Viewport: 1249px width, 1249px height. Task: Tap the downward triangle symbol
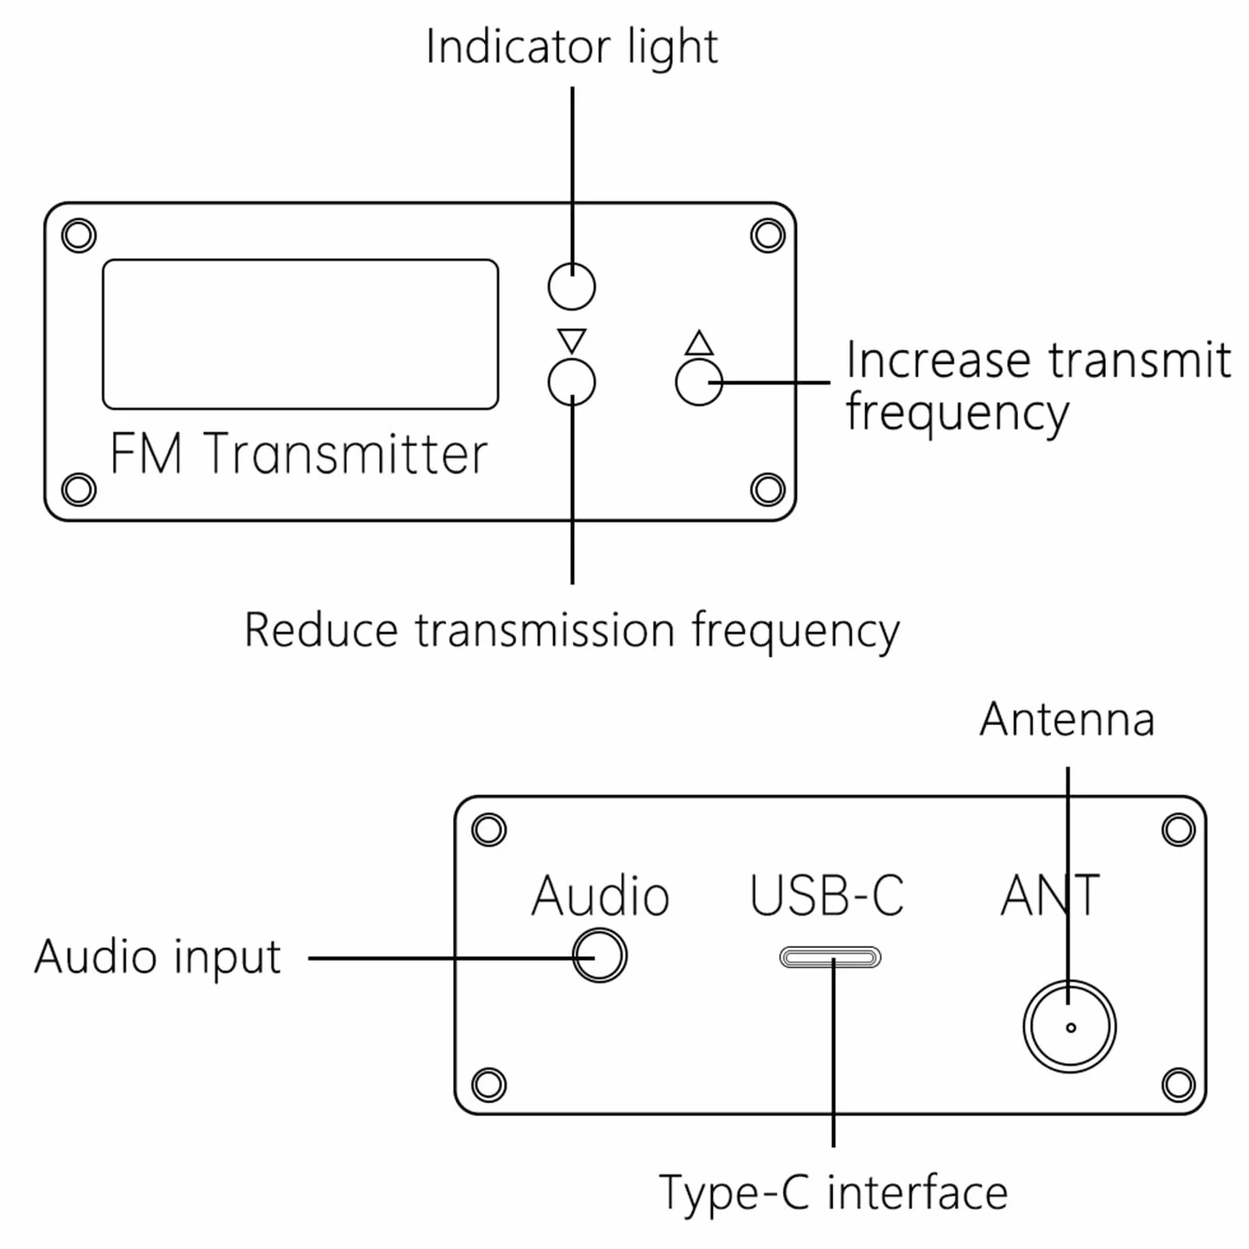point(572,340)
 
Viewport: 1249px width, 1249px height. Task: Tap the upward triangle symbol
point(699,342)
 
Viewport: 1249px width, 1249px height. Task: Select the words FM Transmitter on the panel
point(299,454)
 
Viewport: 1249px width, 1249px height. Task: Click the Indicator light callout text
point(572,46)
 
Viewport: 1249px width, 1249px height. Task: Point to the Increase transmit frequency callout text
point(1038,387)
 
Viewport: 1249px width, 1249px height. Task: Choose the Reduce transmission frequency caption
point(572,630)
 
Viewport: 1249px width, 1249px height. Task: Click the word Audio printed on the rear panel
point(600,896)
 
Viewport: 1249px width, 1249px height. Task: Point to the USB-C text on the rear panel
point(827,896)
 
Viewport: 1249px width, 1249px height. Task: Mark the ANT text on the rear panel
point(1050,896)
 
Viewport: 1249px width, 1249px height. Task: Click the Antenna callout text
point(1067,720)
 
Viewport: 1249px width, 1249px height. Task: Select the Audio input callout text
point(158,957)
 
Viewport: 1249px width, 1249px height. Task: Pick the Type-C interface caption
point(833,1192)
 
